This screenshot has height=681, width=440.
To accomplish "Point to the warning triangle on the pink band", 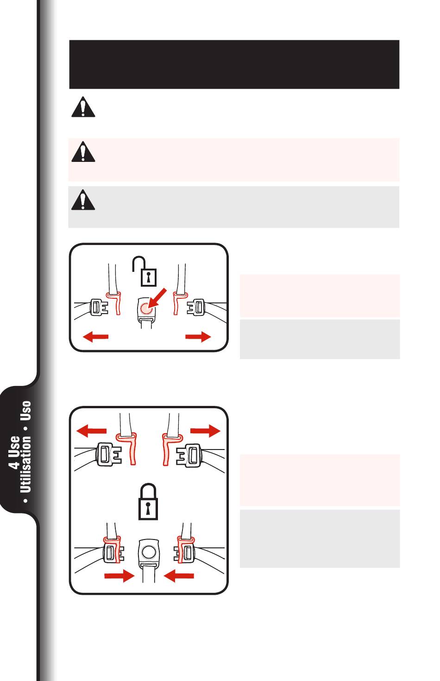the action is pos(83,153).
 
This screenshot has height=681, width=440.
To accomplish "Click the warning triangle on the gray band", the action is pos(83,200).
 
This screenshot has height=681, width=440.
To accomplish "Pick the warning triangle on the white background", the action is pos(83,108).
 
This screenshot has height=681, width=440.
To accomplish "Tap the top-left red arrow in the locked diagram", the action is pos(91,431).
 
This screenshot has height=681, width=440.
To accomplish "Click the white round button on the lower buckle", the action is pos(148,552).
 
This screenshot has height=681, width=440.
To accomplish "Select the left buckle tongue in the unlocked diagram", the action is pos(99,307).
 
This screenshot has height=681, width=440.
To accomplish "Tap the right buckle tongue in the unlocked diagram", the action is pos(195,307).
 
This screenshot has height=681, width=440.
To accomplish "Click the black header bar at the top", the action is pos(234,64).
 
